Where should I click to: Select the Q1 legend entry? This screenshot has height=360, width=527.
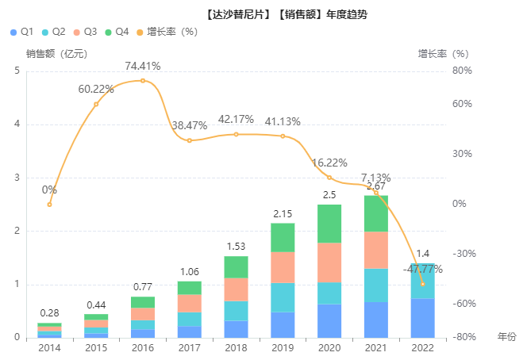(x=22, y=32)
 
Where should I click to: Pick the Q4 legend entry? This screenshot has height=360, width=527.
(x=116, y=32)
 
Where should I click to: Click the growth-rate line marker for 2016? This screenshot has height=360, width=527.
(x=143, y=81)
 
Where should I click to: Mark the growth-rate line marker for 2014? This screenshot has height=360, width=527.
(x=49, y=205)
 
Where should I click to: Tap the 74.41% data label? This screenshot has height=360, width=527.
(x=143, y=66)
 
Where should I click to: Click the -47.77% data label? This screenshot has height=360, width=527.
(x=422, y=269)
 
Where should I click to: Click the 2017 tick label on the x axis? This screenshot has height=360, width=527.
(x=190, y=348)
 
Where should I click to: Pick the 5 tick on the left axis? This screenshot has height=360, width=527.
(x=17, y=71)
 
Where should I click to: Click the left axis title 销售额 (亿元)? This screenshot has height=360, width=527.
(x=56, y=54)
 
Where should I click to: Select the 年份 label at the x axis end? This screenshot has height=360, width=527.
(x=506, y=338)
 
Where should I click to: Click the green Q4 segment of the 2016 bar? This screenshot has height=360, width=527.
(x=143, y=302)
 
